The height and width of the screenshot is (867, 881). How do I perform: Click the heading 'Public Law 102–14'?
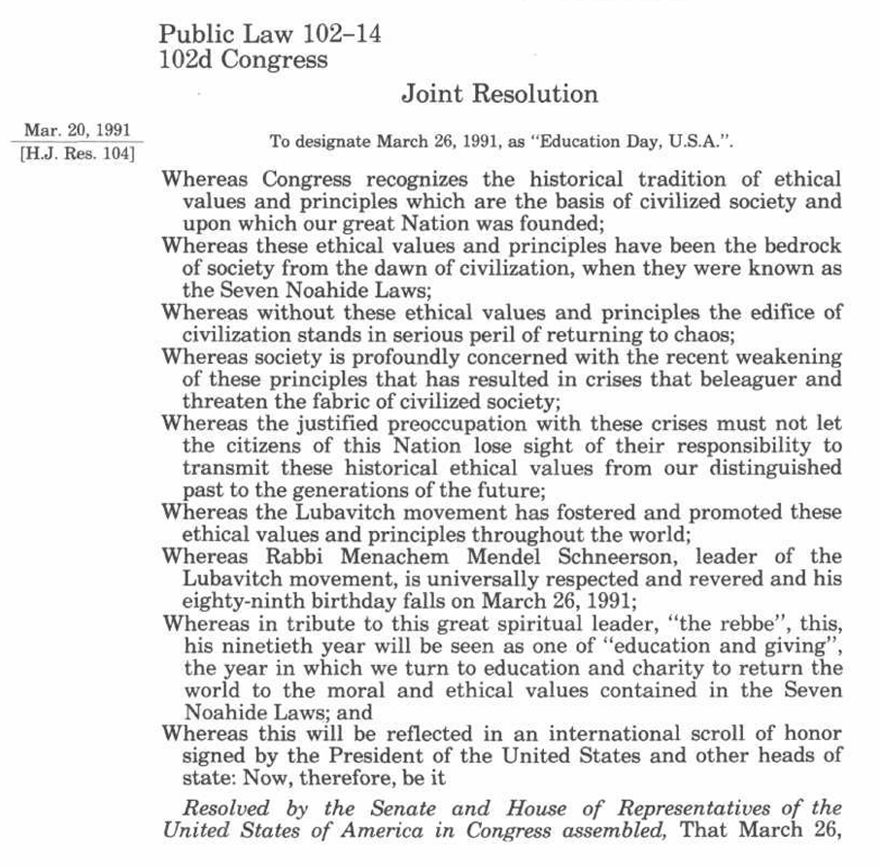point(270,35)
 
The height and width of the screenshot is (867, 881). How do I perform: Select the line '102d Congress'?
point(243,59)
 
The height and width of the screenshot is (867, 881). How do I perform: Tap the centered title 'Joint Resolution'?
point(499,94)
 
